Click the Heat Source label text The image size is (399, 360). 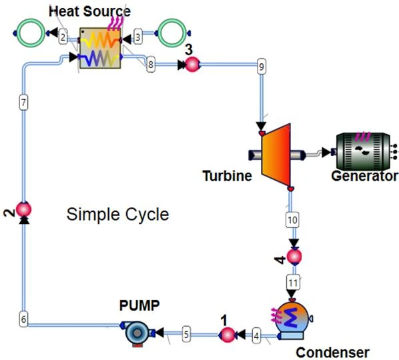[x=89, y=11]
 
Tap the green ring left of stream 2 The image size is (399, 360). [x=31, y=32]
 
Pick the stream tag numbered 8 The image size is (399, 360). [x=150, y=65]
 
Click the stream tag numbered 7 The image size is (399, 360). [x=23, y=103]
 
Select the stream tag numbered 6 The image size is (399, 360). [x=23, y=319]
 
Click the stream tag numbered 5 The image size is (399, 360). [x=186, y=333]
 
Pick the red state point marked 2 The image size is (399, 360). [x=23, y=209]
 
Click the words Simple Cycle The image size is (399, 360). [x=118, y=214]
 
